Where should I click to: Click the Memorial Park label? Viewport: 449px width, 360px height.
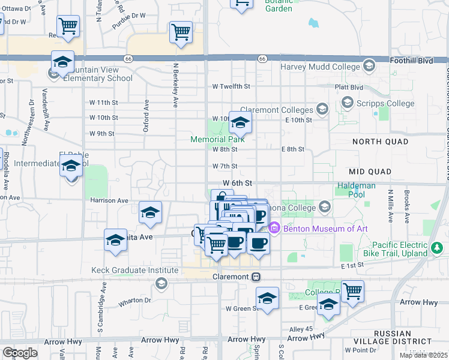[x=217, y=139]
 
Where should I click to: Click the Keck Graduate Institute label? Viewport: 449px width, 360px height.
[x=134, y=271]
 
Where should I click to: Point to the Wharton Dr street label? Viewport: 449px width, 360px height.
[x=134, y=300]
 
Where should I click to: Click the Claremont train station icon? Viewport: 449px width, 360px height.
[x=256, y=277]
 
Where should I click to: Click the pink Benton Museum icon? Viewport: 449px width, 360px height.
[x=275, y=228]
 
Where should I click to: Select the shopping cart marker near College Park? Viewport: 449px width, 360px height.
[x=352, y=290]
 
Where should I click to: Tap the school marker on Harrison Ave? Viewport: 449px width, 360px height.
[x=150, y=212]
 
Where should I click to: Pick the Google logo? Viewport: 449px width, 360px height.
[x=20, y=353]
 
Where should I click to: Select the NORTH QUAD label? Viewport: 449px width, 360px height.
[x=380, y=142]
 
